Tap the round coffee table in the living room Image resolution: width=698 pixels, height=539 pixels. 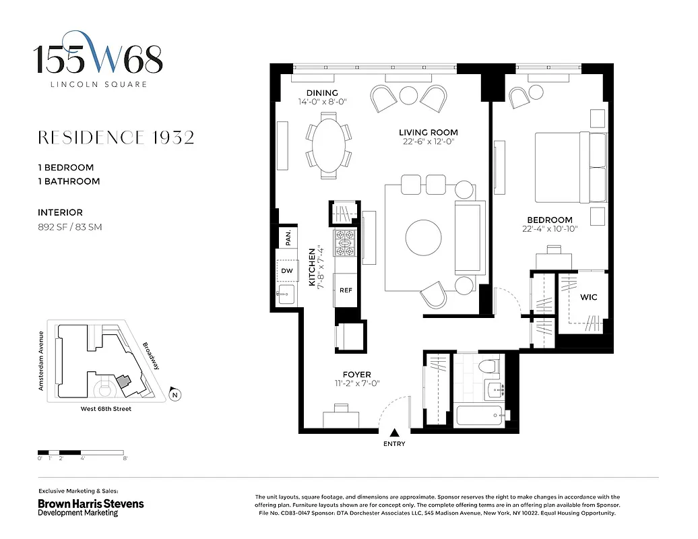pos(424,237)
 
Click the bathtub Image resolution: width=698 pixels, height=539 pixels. pos(484,414)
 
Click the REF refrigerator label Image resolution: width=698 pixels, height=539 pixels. pos(346,290)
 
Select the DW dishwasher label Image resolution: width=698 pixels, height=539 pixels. pos(286,271)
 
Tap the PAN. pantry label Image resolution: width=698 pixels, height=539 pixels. pos(288,238)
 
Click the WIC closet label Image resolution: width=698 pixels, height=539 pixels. pos(589,296)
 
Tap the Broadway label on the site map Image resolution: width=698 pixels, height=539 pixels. pos(150,356)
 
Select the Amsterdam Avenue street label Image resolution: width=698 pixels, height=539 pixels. pos(42,361)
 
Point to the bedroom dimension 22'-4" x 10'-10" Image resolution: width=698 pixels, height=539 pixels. pos(550,228)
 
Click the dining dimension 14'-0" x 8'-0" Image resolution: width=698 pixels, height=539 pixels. pos(322,102)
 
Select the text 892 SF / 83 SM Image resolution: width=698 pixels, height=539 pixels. pos(70,227)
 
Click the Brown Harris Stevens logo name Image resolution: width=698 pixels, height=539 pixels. pos(90,504)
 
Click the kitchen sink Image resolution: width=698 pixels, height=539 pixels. pos(286,293)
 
